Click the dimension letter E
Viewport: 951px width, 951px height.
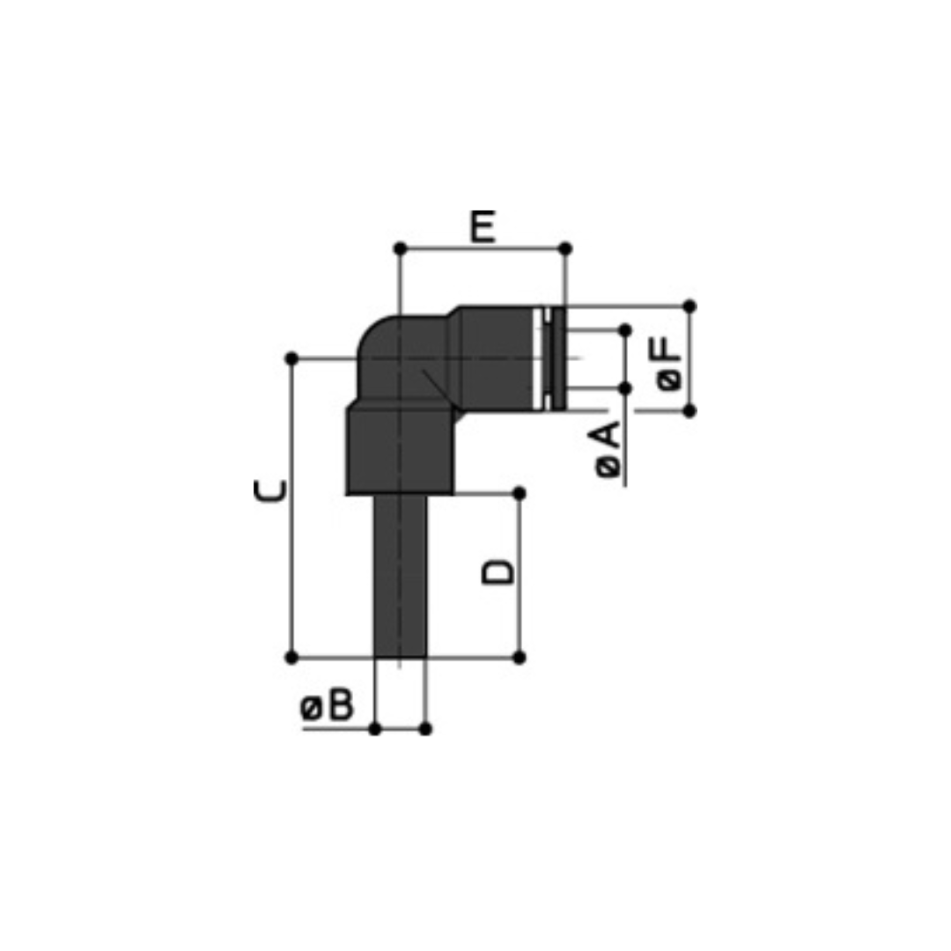[x=483, y=227]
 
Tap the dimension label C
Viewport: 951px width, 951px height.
[x=270, y=490]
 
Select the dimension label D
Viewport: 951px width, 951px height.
[x=498, y=572]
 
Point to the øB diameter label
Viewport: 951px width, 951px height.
[x=327, y=705]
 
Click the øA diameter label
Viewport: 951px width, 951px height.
[x=609, y=449]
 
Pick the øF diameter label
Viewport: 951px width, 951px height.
[x=668, y=364]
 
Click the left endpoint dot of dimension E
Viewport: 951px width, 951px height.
[x=401, y=248]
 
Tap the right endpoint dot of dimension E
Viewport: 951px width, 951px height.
[x=565, y=248]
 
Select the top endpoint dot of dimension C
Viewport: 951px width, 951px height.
[x=291, y=358]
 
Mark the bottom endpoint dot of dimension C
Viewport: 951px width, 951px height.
[x=291, y=658]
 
